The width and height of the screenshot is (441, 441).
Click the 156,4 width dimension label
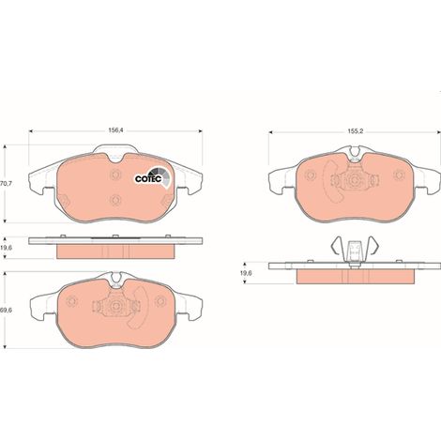[116, 130]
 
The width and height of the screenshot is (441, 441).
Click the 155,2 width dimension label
[355, 131]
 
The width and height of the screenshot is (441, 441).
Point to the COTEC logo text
[148, 179]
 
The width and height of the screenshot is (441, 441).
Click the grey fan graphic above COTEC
[161, 176]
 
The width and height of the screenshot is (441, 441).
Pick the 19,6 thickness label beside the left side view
[6, 248]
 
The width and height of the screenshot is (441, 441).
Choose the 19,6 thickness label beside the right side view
[246, 273]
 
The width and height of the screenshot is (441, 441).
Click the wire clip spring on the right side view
[355, 247]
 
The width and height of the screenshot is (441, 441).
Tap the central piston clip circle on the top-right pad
[355, 181]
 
